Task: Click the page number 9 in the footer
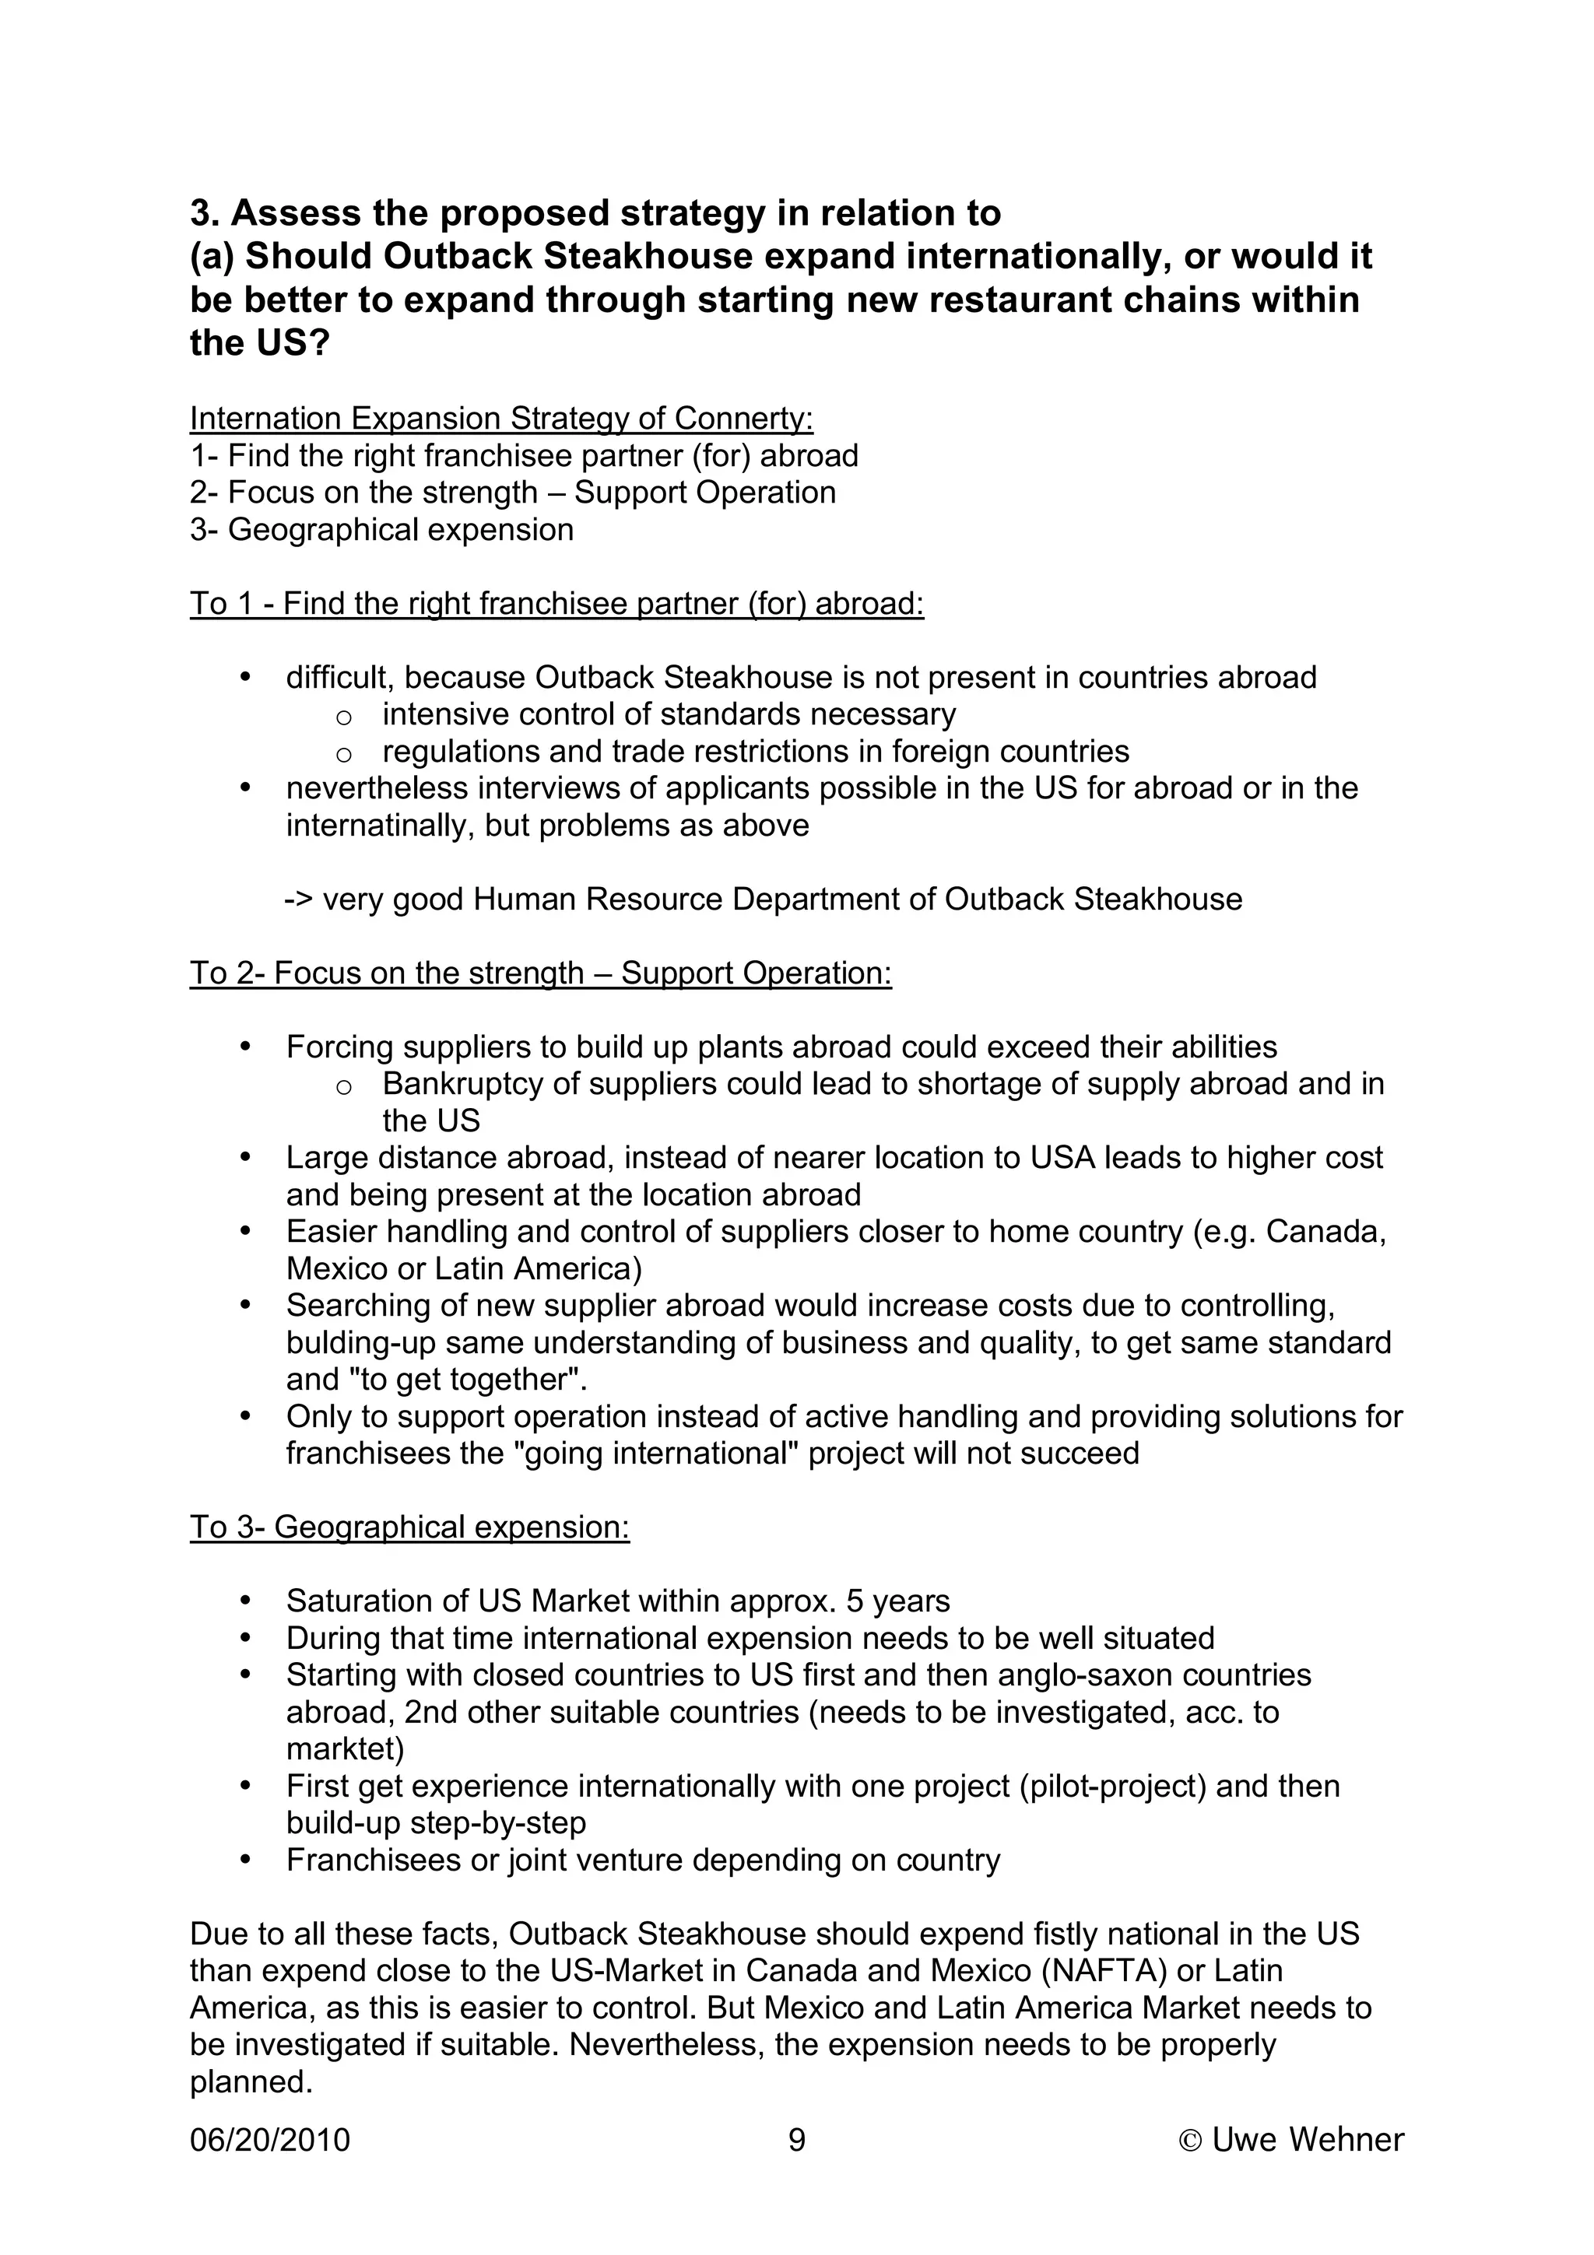pyautogui.click(x=796, y=2139)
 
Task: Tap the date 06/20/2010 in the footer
pyautogui.click(x=270, y=2139)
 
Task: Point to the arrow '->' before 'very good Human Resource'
pyautogui.click(x=299, y=899)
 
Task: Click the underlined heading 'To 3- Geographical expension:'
pyautogui.click(x=409, y=1527)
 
